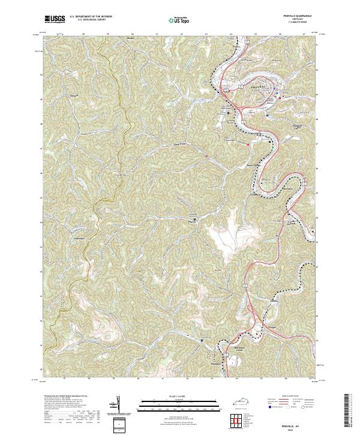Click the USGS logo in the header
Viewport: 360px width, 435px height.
coord(55,19)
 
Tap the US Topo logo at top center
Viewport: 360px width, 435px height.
coord(173,20)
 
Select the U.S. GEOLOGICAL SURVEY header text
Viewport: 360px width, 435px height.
coord(90,22)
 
